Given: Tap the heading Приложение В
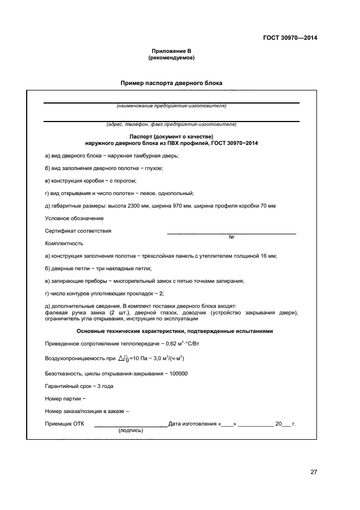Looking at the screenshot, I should [171, 51].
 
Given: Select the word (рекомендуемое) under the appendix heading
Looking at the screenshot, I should [171, 57].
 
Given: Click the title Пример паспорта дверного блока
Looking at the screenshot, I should [171, 83].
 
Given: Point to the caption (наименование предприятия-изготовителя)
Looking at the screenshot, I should [171, 106].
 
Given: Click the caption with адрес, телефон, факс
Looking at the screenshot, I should [171, 124].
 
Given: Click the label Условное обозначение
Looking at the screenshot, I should [66, 218].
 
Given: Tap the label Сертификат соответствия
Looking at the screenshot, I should [78, 230].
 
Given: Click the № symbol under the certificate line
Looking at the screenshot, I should [231, 237].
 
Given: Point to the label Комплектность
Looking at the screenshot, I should [64, 243].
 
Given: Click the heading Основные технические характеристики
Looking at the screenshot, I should [171, 331].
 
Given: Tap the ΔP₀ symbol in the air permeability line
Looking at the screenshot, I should [124, 359].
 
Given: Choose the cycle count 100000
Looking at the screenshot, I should [176, 373].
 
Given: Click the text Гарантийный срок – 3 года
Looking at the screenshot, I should [78, 386].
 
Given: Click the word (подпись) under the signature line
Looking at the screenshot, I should [131, 430].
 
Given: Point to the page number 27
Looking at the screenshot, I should [314, 472].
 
